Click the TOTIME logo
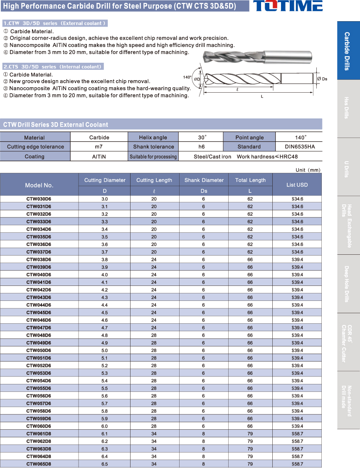point(288,6)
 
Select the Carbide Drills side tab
point(348,51)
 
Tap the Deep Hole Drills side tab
point(348,283)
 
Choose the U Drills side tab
point(348,167)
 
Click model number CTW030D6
point(39,199)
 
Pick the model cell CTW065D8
point(39,464)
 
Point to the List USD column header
point(297,185)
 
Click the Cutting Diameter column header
point(105,180)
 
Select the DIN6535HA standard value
point(299,147)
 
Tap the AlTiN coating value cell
point(99,157)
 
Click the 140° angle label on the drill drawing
point(187,77)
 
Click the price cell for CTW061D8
point(297,433)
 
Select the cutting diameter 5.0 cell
point(105,350)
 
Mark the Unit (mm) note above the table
point(308,170)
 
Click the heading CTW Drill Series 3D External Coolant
point(56,124)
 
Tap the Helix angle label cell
point(153,138)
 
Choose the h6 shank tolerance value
point(201,147)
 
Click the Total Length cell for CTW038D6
point(250,259)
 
